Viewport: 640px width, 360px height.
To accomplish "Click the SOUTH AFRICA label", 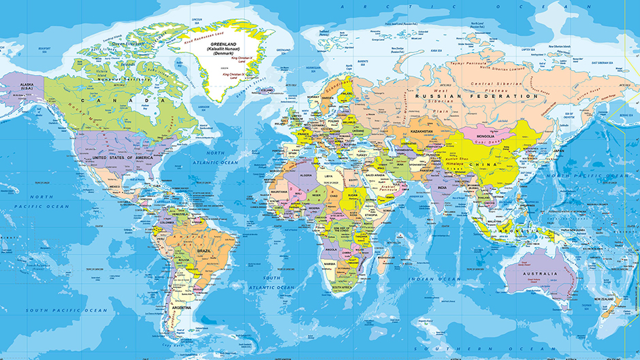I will pos(346,288).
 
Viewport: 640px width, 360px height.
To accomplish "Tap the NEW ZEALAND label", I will pos(606,299).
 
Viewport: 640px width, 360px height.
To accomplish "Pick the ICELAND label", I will pos(266,90).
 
